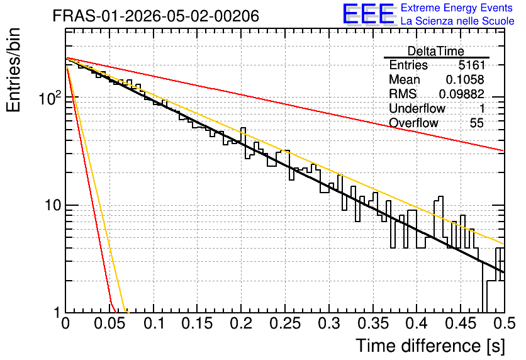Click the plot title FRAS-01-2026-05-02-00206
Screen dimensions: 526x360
(155, 16)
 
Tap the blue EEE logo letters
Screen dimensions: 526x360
(369, 14)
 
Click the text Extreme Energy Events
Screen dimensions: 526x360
(457, 8)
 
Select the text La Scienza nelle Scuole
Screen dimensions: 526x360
(457, 21)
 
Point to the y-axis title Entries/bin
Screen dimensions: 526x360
(13, 70)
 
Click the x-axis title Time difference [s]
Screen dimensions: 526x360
(430, 346)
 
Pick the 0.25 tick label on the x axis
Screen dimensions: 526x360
(285, 323)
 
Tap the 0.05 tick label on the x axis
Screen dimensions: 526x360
(109, 323)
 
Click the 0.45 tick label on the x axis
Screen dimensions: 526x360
(461, 323)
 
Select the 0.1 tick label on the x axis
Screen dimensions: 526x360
(154, 323)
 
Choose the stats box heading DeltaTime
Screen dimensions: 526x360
(436, 51)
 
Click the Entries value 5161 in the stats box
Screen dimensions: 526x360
(472, 65)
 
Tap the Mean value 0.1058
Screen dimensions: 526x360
(465, 79)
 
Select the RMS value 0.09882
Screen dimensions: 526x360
(462, 94)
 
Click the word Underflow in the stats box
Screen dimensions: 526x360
(417, 108)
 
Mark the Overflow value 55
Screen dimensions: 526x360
(477, 123)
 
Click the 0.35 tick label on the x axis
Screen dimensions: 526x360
(372, 323)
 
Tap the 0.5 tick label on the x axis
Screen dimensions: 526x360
(505, 323)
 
